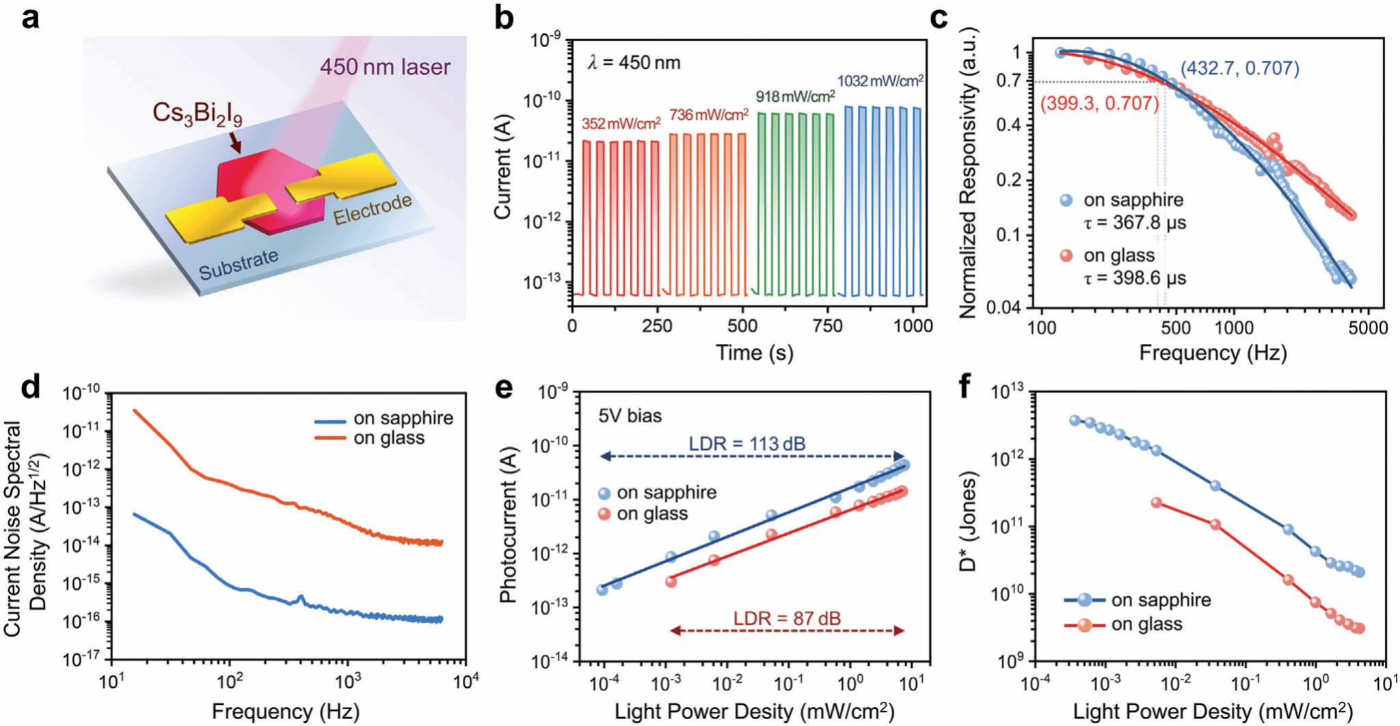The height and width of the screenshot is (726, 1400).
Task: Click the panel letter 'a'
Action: pos(30,18)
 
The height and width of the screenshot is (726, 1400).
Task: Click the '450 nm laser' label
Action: pos(385,67)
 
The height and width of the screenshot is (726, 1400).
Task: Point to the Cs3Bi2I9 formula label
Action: pos(197,113)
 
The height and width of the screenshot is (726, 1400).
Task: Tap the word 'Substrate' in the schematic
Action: pos(239,265)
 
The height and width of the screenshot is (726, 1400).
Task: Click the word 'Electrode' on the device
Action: pos(373,209)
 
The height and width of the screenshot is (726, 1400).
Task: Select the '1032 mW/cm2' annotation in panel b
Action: pos(880,81)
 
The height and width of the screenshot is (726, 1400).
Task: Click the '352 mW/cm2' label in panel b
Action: pos(621,124)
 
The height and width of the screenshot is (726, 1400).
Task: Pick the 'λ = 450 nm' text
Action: pos(634,63)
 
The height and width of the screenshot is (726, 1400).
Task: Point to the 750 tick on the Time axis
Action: pos(827,326)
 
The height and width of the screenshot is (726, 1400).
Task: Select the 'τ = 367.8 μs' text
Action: pos(1135,223)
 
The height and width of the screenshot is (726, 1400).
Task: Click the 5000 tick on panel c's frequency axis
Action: pos(1368,328)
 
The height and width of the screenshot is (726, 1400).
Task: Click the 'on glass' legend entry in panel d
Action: pos(388,438)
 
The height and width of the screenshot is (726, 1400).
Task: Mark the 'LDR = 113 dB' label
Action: pos(746,444)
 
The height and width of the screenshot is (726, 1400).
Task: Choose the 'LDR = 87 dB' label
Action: pos(787,619)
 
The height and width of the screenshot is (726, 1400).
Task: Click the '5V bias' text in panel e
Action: pos(630,416)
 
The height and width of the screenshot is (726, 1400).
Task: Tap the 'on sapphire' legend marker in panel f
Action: pos(1085,600)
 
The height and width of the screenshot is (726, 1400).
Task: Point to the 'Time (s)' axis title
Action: pos(754,353)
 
